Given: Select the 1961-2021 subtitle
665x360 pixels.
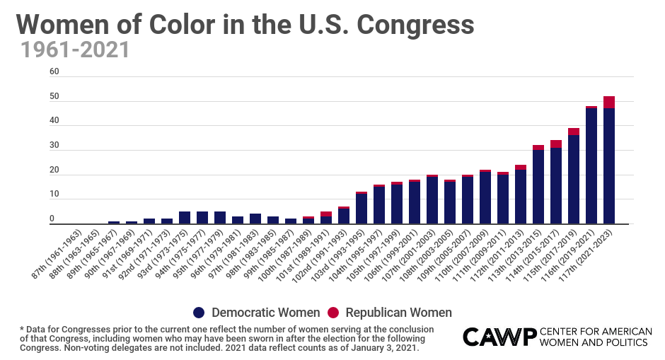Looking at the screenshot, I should point(74,50).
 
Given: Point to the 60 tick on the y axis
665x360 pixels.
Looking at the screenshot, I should point(54,72).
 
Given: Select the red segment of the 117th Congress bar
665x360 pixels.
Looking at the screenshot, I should point(609,102).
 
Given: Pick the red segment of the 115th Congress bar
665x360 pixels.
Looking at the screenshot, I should point(574,132).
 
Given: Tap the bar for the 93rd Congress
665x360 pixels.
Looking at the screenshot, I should point(185,218).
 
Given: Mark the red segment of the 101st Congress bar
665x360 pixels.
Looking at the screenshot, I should point(326,214).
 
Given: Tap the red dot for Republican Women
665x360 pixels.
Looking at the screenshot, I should point(332,313).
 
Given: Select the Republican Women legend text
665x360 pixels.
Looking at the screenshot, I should point(398,313).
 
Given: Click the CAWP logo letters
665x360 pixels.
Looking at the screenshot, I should point(498,337).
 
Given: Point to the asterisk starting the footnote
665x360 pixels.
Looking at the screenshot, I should point(22,329).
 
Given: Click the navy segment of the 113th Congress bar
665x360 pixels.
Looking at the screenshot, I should point(538,187).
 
